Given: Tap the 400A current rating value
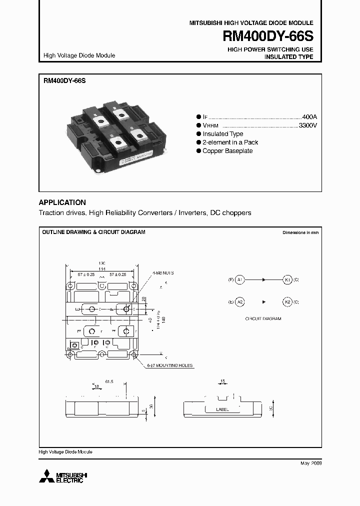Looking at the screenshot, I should click(x=309, y=116).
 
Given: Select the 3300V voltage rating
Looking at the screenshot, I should click(x=307, y=125).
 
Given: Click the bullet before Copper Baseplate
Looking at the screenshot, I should click(x=198, y=151).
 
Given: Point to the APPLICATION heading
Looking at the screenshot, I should click(x=62, y=202).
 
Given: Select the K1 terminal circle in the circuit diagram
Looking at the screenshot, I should click(x=287, y=279).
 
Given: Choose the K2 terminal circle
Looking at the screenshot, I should click(x=287, y=302).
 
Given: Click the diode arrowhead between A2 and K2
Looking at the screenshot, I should click(x=263, y=302).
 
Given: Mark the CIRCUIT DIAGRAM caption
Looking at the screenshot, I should click(x=263, y=318).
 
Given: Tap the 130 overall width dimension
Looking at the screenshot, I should click(x=102, y=263).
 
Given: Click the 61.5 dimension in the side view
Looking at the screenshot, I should click(x=109, y=381).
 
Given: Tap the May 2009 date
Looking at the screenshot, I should click(x=311, y=463).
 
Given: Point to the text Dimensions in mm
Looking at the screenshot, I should click(x=300, y=233).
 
